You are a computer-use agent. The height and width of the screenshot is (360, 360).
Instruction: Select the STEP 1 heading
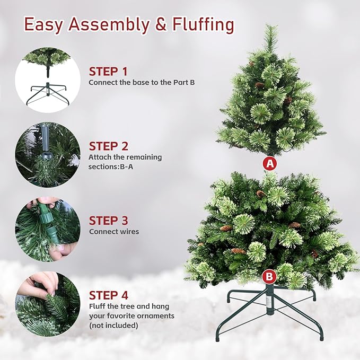tap(108, 72)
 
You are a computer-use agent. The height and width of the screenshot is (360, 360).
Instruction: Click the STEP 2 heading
tap(108, 146)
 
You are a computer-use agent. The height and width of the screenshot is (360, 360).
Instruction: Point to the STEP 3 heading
tap(108, 221)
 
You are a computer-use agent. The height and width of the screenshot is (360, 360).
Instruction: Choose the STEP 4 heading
tap(108, 295)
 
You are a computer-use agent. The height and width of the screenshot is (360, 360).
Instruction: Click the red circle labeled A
tap(270, 163)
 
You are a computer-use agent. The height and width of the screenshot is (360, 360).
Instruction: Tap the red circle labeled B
tap(269, 276)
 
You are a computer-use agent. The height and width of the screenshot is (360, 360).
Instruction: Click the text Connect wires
tap(114, 232)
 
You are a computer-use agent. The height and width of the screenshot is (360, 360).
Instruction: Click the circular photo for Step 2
tap(48, 154)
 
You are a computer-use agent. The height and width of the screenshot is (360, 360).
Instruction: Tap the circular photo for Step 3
tap(48, 229)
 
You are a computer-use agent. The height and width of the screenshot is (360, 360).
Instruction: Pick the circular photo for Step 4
tap(48, 304)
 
